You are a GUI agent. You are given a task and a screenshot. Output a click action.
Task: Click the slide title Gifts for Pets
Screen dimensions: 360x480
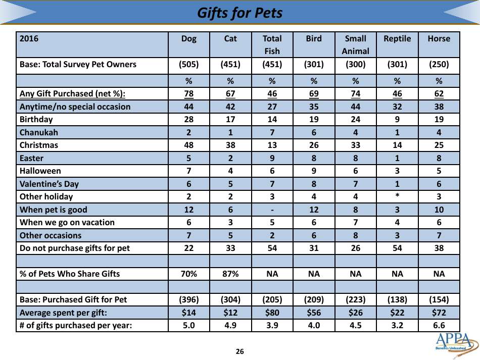239,13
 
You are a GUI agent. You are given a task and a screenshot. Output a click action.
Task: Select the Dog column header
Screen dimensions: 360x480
188,39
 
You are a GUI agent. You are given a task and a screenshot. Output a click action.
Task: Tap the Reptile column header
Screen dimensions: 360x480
397,39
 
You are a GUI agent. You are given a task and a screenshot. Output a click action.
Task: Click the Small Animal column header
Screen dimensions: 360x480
355,44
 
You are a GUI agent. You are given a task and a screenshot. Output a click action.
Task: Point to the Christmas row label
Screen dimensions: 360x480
39,145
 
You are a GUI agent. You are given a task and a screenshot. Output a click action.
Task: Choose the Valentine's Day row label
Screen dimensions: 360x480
49,184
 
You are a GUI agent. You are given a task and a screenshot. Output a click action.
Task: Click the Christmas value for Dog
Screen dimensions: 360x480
188,145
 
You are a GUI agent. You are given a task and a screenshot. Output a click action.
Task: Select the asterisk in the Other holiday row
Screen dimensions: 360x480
397,197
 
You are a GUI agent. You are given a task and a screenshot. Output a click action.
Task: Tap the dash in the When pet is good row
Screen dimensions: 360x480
272,210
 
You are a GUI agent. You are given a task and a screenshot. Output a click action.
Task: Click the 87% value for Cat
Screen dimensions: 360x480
230,274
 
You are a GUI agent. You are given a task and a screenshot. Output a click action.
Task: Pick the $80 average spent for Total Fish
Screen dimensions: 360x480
272,313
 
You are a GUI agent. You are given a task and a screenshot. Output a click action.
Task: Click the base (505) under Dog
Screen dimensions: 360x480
188,65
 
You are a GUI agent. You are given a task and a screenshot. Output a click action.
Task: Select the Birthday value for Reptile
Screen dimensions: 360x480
397,120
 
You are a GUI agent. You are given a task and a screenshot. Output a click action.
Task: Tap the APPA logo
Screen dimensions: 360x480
455,343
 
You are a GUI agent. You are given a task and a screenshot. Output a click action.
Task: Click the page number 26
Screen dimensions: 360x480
239,351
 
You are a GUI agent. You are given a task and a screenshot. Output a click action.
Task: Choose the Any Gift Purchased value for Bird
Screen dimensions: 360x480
314,93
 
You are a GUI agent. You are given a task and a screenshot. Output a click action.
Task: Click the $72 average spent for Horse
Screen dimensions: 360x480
439,313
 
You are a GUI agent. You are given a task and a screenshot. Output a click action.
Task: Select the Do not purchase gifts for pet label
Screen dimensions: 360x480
74,248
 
